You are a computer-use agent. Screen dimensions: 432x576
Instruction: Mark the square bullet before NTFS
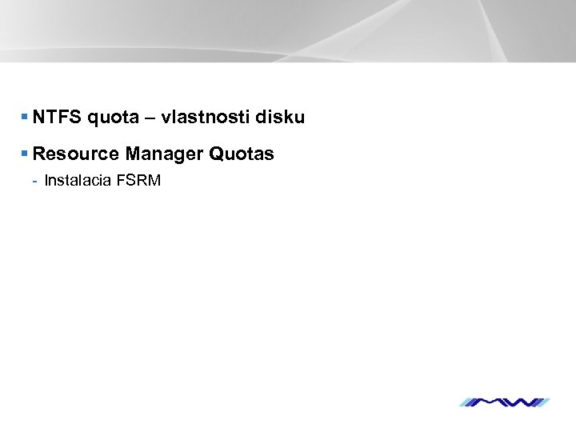(x=26, y=118)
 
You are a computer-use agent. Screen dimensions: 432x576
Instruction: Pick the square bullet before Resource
(x=26, y=152)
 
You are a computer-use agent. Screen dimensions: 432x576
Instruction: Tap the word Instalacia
(x=78, y=180)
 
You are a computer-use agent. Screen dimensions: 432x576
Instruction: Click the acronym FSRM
(x=138, y=180)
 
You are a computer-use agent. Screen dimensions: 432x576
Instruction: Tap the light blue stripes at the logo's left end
(x=472, y=402)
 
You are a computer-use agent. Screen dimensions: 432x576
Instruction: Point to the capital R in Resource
(x=40, y=152)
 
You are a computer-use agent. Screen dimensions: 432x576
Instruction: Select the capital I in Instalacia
(x=46, y=180)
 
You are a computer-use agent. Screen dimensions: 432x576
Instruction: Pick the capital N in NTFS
(x=39, y=118)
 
